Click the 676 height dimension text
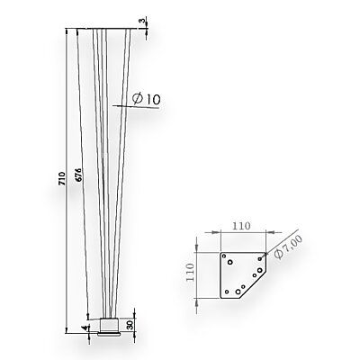[78, 176]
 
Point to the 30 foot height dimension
[130, 325]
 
